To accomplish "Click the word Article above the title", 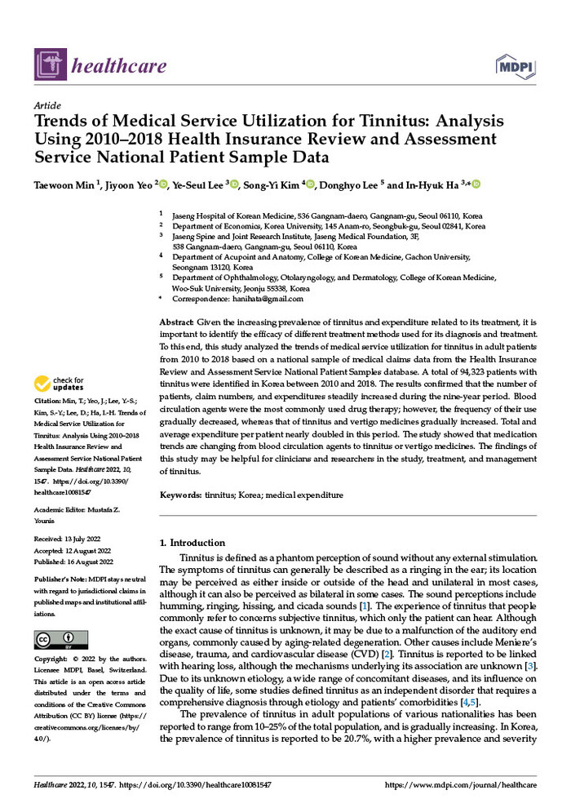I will [47, 107].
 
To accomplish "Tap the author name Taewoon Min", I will [64, 185].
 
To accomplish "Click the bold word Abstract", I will [176, 323].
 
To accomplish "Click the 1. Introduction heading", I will [193, 543].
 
